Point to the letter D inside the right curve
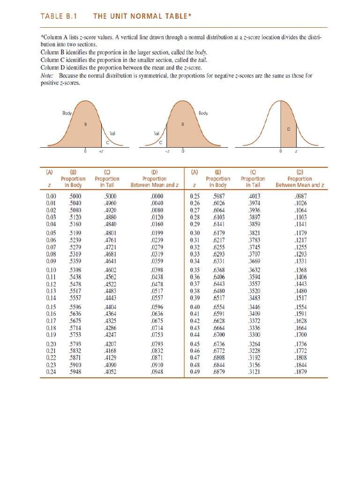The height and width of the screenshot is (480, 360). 289,128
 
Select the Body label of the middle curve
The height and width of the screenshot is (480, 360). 203,113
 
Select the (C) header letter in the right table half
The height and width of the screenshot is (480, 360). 252,172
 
